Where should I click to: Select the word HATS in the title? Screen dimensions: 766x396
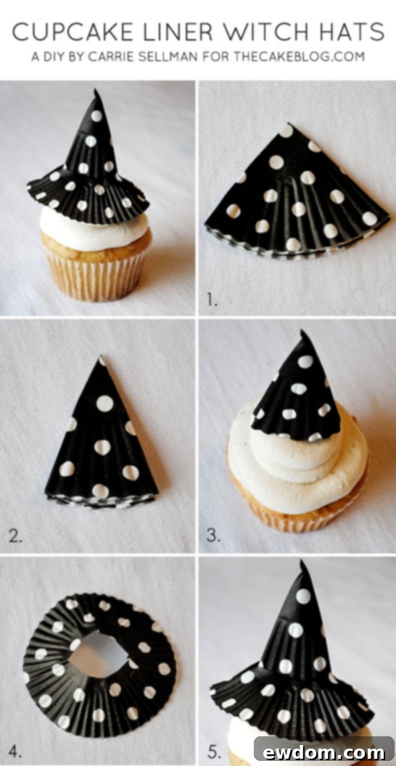tap(355, 31)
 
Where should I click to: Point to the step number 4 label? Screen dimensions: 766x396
tap(15, 749)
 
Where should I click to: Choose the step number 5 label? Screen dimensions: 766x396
tap(213, 749)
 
